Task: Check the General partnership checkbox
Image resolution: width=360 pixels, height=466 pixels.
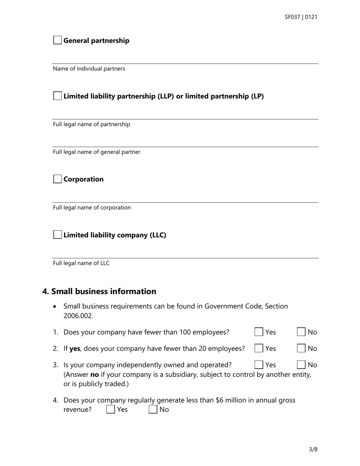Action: tap(57, 41)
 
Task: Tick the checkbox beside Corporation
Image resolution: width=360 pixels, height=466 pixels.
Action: tap(57, 179)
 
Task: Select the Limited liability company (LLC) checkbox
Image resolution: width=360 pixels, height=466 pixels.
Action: tap(57, 235)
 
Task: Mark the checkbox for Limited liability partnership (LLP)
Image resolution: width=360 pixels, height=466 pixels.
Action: tap(57, 96)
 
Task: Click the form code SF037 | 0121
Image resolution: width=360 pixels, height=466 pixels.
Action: tap(301, 17)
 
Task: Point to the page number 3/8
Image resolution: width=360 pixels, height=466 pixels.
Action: tap(313, 450)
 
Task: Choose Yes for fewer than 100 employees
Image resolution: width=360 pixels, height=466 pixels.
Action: tap(259, 332)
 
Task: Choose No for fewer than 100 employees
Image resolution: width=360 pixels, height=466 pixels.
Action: tap(301, 332)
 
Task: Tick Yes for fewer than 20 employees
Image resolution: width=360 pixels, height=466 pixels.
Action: tap(259, 349)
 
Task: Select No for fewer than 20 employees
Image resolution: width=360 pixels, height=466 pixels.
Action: tap(301, 349)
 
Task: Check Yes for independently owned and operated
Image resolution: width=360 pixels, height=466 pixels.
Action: tap(259, 365)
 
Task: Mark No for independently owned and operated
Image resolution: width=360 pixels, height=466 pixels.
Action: tap(301, 365)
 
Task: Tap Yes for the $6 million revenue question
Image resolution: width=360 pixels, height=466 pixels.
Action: tap(111, 410)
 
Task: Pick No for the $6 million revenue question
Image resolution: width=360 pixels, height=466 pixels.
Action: tap(153, 410)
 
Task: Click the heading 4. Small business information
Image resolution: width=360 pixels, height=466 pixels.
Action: tap(99, 291)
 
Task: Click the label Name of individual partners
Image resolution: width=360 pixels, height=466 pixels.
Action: tap(89, 69)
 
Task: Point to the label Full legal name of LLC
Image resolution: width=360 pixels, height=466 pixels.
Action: tap(81, 263)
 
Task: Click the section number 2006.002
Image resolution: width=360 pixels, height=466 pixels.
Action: tap(78, 315)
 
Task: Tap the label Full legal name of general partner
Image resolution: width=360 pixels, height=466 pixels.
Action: tap(96, 152)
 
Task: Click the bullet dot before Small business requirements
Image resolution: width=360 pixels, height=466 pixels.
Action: tap(56, 306)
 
